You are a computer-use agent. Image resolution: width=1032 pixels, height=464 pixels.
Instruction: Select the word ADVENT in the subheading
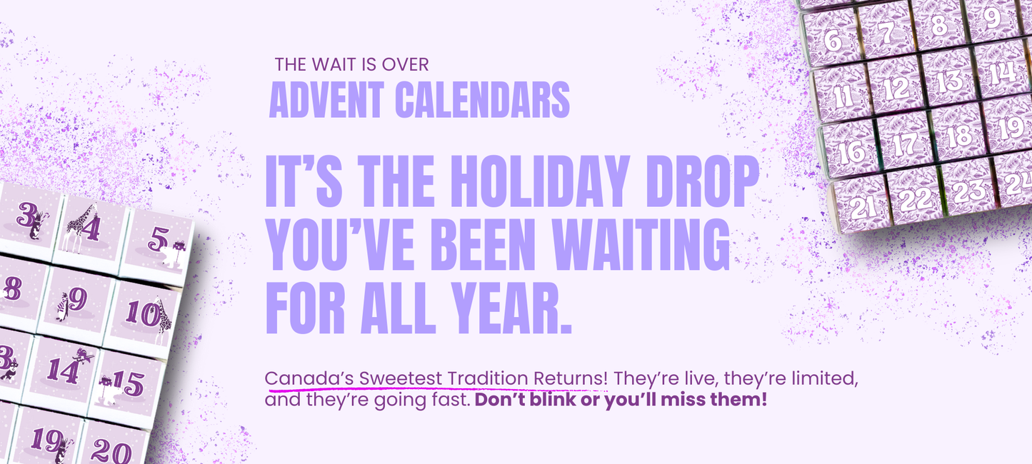coord(326,100)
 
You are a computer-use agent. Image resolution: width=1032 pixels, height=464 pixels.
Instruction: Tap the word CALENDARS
coord(483,100)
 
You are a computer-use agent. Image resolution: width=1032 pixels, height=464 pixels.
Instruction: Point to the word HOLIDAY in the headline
coord(540,181)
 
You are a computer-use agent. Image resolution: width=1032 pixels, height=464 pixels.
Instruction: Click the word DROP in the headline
coord(702,181)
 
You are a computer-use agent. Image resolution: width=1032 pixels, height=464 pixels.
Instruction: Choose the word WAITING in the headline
coord(641,244)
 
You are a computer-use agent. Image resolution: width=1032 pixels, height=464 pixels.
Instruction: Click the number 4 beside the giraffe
coord(91,228)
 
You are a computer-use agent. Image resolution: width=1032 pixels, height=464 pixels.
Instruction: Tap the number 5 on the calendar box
coord(158,239)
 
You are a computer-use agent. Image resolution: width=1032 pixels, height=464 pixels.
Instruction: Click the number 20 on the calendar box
coord(111,452)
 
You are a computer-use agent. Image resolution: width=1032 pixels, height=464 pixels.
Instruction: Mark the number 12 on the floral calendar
coord(896,88)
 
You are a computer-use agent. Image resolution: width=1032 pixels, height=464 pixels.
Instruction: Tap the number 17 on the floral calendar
coord(905,144)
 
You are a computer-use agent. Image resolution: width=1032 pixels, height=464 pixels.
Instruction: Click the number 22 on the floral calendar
coord(915,199)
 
